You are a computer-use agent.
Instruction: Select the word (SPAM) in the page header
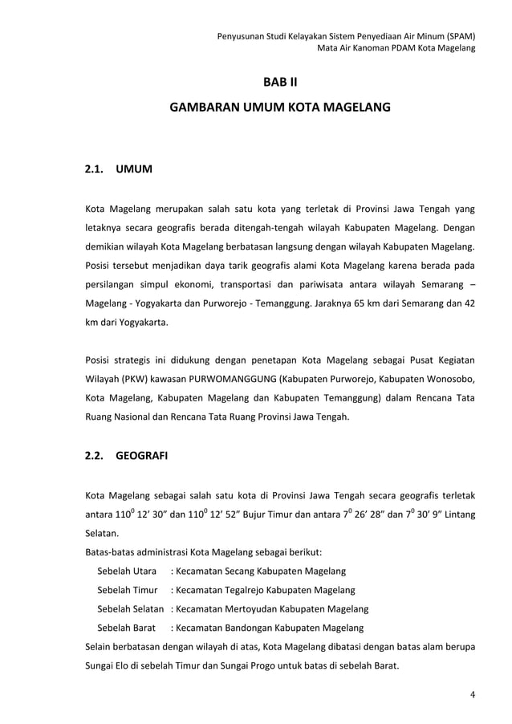coord(456,36)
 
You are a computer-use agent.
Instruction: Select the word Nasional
coord(126,417)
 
